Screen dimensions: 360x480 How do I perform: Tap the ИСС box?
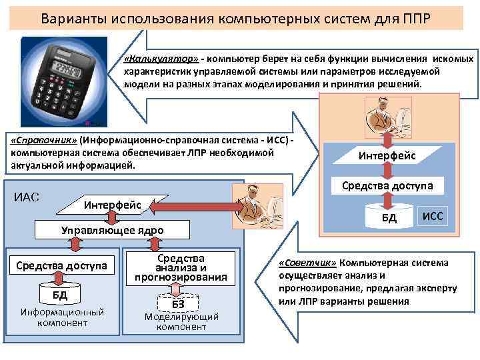click(x=433, y=216)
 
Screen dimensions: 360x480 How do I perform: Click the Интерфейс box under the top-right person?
click(x=387, y=155)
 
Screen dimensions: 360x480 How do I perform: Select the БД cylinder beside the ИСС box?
click(x=388, y=217)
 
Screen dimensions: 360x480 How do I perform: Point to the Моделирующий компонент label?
click(x=181, y=321)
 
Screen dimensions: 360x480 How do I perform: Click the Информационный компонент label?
click(x=62, y=317)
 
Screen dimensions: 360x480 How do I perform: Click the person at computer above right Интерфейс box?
click(x=389, y=119)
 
